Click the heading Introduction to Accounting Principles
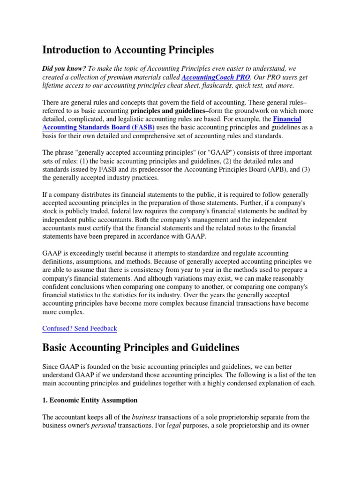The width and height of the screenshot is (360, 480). (128, 49)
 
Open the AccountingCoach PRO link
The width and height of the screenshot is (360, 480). (216, 77)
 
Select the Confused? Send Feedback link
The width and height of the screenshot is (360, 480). (80, 328)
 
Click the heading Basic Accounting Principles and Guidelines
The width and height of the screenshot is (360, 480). (141, 348)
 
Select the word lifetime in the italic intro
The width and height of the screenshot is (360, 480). (55, 85)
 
